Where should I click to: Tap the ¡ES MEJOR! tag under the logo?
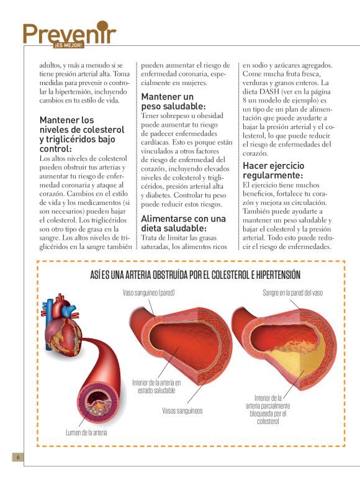(x=68, y=45)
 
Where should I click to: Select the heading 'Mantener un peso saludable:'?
(x=168, y=102)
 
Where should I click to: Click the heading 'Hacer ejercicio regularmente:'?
(x=274, y=171)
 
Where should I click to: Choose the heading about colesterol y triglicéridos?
(x=78, y=134)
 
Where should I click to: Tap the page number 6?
(x=19, y=458)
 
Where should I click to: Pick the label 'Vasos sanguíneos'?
(x=182, y=410)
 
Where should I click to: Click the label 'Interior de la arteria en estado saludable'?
(x=156, y=386)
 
